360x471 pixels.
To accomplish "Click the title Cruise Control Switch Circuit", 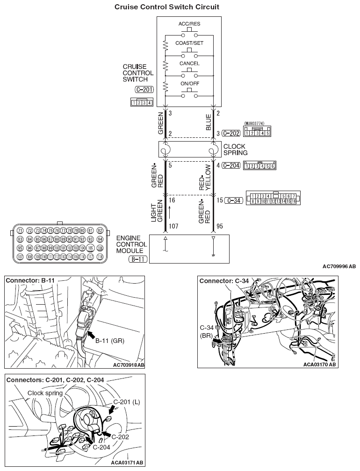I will click(160, 7).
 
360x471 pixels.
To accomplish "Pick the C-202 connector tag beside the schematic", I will click(231, 133).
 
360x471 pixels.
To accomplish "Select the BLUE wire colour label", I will click(209, 122).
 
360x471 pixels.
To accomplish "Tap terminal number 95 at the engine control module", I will click(220, 226).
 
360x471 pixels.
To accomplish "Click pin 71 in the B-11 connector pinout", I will click(20, 231).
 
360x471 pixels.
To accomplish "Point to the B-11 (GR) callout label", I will click(110, 341).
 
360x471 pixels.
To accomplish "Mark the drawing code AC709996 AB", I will click(338, 266).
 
